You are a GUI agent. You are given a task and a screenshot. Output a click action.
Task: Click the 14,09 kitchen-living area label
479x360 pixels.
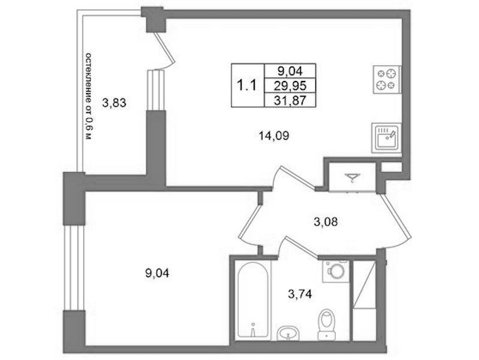274,136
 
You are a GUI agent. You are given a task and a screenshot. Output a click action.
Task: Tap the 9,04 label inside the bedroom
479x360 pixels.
157,273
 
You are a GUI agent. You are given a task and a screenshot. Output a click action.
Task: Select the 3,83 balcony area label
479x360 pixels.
114,103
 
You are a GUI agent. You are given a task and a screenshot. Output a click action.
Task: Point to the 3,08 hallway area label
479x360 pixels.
326,221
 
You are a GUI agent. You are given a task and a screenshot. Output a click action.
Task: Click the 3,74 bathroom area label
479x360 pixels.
300,294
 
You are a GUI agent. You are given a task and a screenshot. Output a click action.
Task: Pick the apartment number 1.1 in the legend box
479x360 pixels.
246,85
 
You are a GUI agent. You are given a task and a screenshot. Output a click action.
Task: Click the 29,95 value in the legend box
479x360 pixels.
290,86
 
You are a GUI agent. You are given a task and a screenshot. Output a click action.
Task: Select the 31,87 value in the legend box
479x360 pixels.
290,100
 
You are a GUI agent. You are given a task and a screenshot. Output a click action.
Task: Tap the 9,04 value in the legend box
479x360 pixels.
290,71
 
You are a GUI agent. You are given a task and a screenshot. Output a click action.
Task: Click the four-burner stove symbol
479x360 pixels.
387,80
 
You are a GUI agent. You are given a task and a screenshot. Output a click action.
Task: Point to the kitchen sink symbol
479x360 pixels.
387,137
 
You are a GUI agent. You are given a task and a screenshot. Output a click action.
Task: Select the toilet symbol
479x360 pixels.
326,325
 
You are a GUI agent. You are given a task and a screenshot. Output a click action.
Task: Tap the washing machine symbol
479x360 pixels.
336,271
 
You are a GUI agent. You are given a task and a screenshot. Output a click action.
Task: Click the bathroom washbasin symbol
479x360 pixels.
288,334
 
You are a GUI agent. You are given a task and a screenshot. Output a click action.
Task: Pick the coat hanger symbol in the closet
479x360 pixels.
353,177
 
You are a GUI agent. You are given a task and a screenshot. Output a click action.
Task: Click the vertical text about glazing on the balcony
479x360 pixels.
89,97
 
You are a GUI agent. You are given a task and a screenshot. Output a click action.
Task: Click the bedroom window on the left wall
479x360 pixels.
74,268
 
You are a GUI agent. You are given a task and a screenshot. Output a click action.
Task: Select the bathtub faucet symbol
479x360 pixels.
252,329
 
